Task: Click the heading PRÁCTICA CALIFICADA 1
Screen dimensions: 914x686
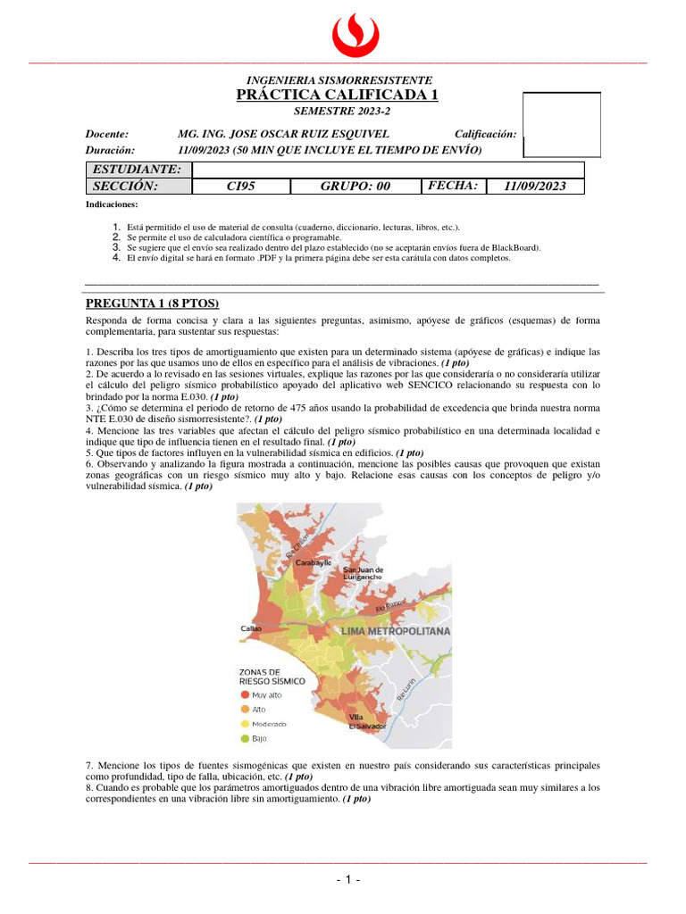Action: coord(338,95)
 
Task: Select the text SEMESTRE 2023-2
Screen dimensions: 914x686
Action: coord(342,112)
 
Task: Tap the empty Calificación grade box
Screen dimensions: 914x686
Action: coord(561,124)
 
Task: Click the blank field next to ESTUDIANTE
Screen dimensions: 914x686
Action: coord(388,170)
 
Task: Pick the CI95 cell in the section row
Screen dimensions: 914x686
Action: coord(241,186)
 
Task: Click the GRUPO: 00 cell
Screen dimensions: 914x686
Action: coord(356,186)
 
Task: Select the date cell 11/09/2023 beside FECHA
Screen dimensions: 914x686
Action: coord(534,186)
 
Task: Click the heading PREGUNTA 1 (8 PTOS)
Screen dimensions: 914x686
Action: coord(152,303)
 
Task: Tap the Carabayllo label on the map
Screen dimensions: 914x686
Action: coord(307,563)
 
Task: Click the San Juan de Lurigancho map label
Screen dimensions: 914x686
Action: coord(364,573)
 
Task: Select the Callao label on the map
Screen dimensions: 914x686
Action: coord(251,628)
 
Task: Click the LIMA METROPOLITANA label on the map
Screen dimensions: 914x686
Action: coord(396,630)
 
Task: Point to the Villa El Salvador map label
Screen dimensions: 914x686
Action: coord(367,721)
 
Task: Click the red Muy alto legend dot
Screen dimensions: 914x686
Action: coord(244,694)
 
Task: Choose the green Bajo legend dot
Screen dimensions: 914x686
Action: coord(244,739)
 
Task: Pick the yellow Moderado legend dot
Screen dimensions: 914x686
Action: coord(244,724)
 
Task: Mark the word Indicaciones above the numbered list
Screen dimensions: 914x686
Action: coord(112,204)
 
